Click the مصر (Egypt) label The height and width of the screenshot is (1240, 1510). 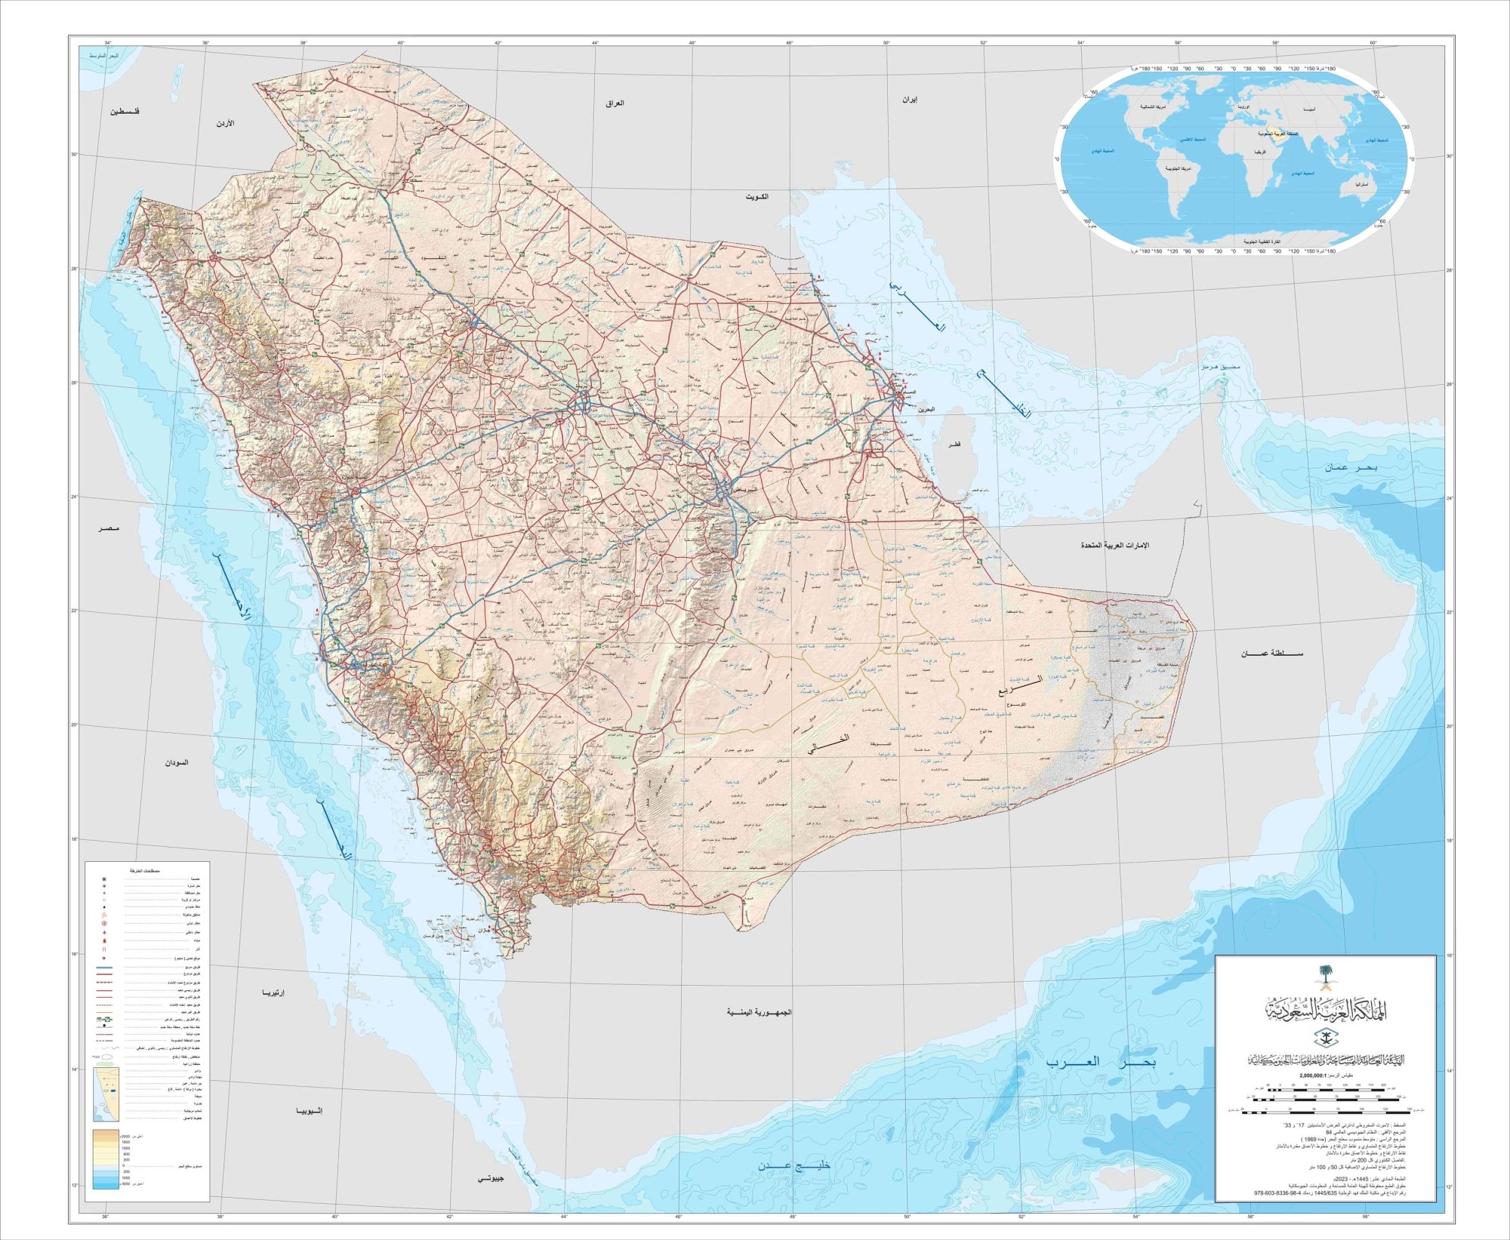(108, 530)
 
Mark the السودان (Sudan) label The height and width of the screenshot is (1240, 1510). (177, 762)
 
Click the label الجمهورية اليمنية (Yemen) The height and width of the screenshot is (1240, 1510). (759, 1011)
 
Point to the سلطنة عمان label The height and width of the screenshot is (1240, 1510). (1272, 653)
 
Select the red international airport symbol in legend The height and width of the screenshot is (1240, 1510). (104, 924)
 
